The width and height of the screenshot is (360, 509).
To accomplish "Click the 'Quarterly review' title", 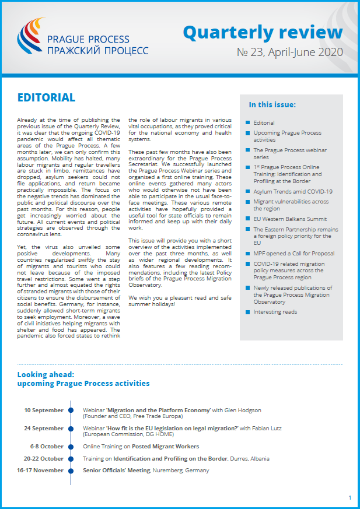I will coord(263,33).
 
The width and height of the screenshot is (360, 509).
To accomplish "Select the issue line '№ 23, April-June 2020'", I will coord(289,52).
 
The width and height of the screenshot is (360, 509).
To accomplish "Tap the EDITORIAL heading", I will coord(46,97).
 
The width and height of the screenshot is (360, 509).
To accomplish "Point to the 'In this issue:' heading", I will coord(272,105).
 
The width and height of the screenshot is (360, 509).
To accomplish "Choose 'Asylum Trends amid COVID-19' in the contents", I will coord(292,191).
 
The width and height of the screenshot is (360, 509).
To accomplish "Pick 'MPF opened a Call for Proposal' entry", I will coord(293,254).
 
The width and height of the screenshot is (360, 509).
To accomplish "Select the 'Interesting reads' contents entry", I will coord(275,312).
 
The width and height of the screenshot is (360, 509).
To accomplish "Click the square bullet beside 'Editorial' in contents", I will coord(248,123).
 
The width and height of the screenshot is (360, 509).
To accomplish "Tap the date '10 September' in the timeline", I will coord(44,410).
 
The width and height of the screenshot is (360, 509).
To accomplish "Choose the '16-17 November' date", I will coord(40,471).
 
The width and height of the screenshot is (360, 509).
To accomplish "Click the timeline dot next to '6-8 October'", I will coord(71,446).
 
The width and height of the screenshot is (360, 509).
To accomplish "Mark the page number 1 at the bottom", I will coord(349,498).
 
